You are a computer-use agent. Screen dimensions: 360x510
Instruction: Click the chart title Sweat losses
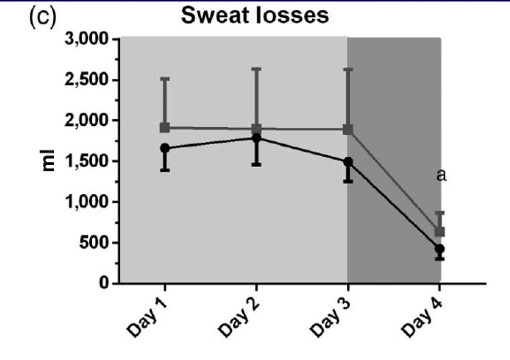(255, 16)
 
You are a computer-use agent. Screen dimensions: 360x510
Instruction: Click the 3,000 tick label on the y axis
(86, 39)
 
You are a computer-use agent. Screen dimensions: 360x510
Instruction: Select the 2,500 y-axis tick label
(86, 80)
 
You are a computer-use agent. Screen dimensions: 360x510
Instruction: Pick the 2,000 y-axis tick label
(86, 120)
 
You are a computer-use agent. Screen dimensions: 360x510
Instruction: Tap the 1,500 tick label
(86, 161)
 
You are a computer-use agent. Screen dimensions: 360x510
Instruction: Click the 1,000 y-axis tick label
(86, 202)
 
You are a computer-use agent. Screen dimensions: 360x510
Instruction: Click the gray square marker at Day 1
(165, 128)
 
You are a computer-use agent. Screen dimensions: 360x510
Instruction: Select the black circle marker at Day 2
(256, 138)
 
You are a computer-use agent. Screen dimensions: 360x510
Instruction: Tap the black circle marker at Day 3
(348, 162)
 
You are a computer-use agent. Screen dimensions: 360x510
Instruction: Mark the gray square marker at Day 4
(439, 231)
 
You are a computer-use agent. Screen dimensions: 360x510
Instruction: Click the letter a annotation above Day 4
(441, 175)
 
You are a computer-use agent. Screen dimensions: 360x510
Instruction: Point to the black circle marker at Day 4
(439, 249)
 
